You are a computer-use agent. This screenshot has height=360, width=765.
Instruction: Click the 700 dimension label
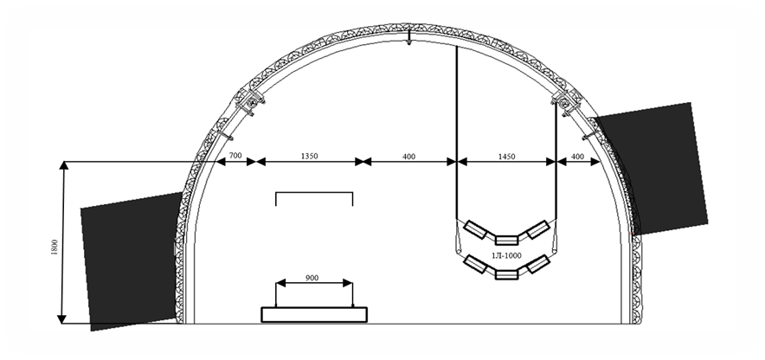point(235,156)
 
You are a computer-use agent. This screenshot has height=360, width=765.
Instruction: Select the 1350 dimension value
point(309,156)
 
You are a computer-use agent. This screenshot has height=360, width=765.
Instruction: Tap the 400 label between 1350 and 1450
point(408,156)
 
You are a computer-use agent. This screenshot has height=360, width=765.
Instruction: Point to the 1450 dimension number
point(506,156)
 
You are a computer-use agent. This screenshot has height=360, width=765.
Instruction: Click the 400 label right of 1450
point(577,156)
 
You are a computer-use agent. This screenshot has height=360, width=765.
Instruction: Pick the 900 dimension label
point(312,278)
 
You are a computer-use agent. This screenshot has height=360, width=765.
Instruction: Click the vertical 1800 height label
point(55,247)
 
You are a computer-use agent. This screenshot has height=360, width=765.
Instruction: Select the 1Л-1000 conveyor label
point(506,255)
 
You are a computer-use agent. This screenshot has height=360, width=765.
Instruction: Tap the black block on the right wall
point(652,168)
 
